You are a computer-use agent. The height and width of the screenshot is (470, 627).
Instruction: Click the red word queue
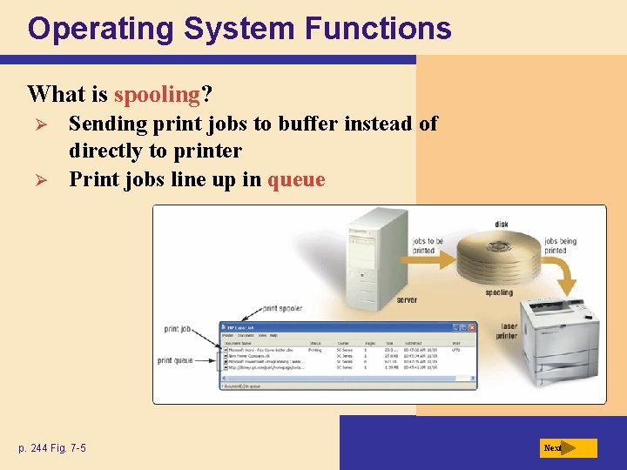point(296,180)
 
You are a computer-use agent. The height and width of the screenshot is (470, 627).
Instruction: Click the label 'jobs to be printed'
point(428,246)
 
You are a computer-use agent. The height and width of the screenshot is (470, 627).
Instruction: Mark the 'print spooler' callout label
point(282,308)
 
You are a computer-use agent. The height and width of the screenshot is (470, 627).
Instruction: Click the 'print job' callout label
point(177,329)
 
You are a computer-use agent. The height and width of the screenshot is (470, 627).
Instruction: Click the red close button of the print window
point(472,327)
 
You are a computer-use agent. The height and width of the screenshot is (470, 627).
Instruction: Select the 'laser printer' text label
point(508,332)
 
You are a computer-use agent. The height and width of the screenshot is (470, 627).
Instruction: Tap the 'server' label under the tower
point(407,300)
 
